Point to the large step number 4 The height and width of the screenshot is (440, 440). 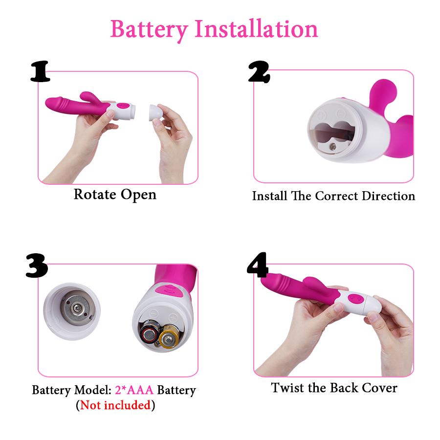(258, 265)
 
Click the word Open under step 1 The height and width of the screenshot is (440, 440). (138, 195)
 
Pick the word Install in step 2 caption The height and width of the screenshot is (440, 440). (270, 196)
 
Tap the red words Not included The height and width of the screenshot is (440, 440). (115, 405)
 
